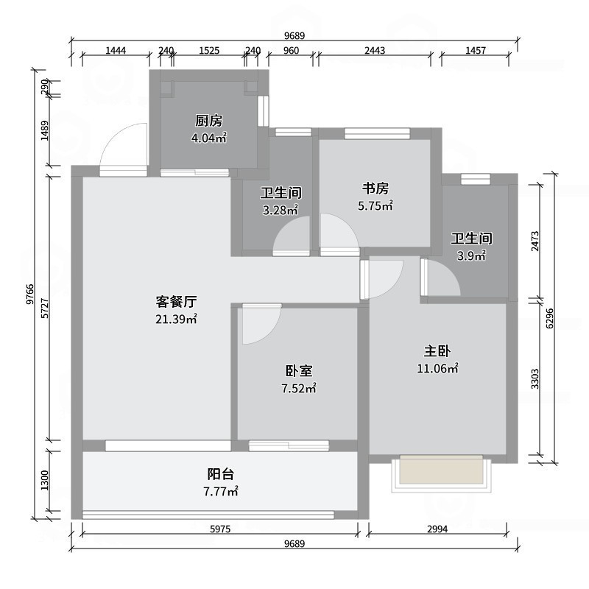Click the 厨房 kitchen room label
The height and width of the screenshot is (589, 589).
[208, 121]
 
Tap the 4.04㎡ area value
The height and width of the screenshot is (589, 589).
[208, 137]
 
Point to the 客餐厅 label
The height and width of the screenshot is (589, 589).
[176, 302]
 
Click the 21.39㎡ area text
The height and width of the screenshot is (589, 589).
[176, 319]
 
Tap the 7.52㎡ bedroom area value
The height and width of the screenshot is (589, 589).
[300, 388]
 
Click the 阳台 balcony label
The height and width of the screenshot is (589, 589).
[220, 473]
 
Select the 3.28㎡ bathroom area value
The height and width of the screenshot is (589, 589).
[281, 210]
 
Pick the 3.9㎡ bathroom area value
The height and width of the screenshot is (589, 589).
[471, 256]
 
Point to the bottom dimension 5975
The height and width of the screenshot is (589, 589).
[222, 529]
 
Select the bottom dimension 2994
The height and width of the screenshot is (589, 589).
[437, 529]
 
